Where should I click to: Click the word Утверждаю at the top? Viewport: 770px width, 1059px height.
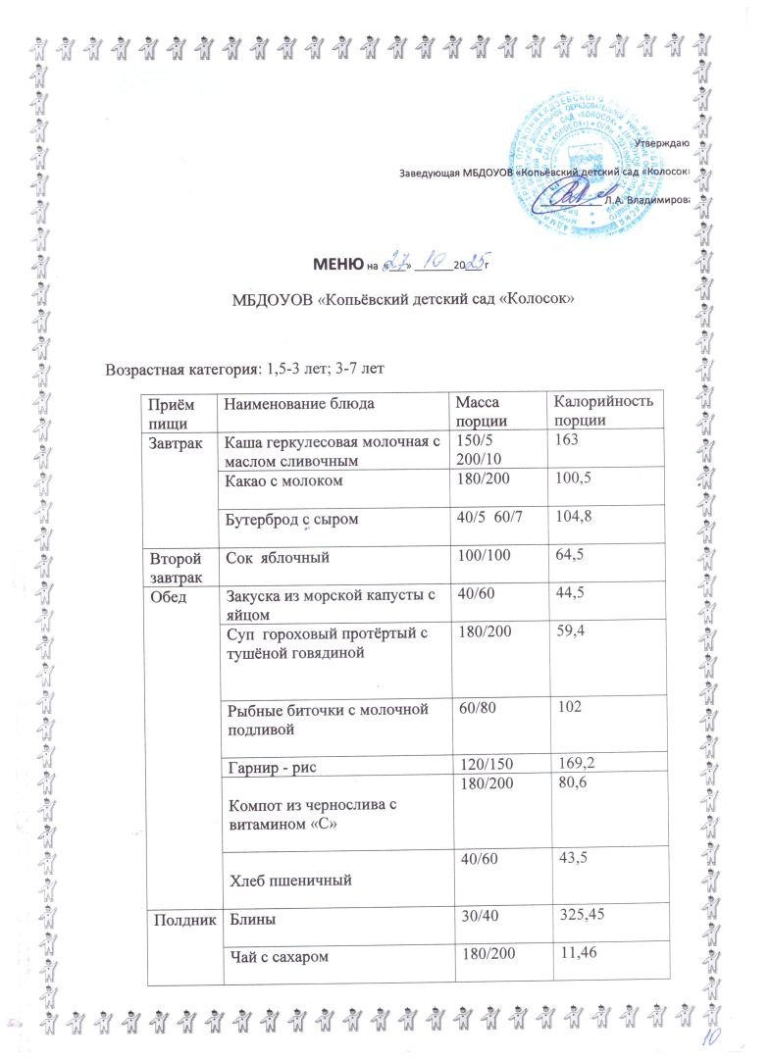coord(663,144)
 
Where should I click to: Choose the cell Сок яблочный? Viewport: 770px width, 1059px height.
coord(270,557)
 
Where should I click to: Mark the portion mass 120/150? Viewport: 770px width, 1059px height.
coord(480,763)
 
